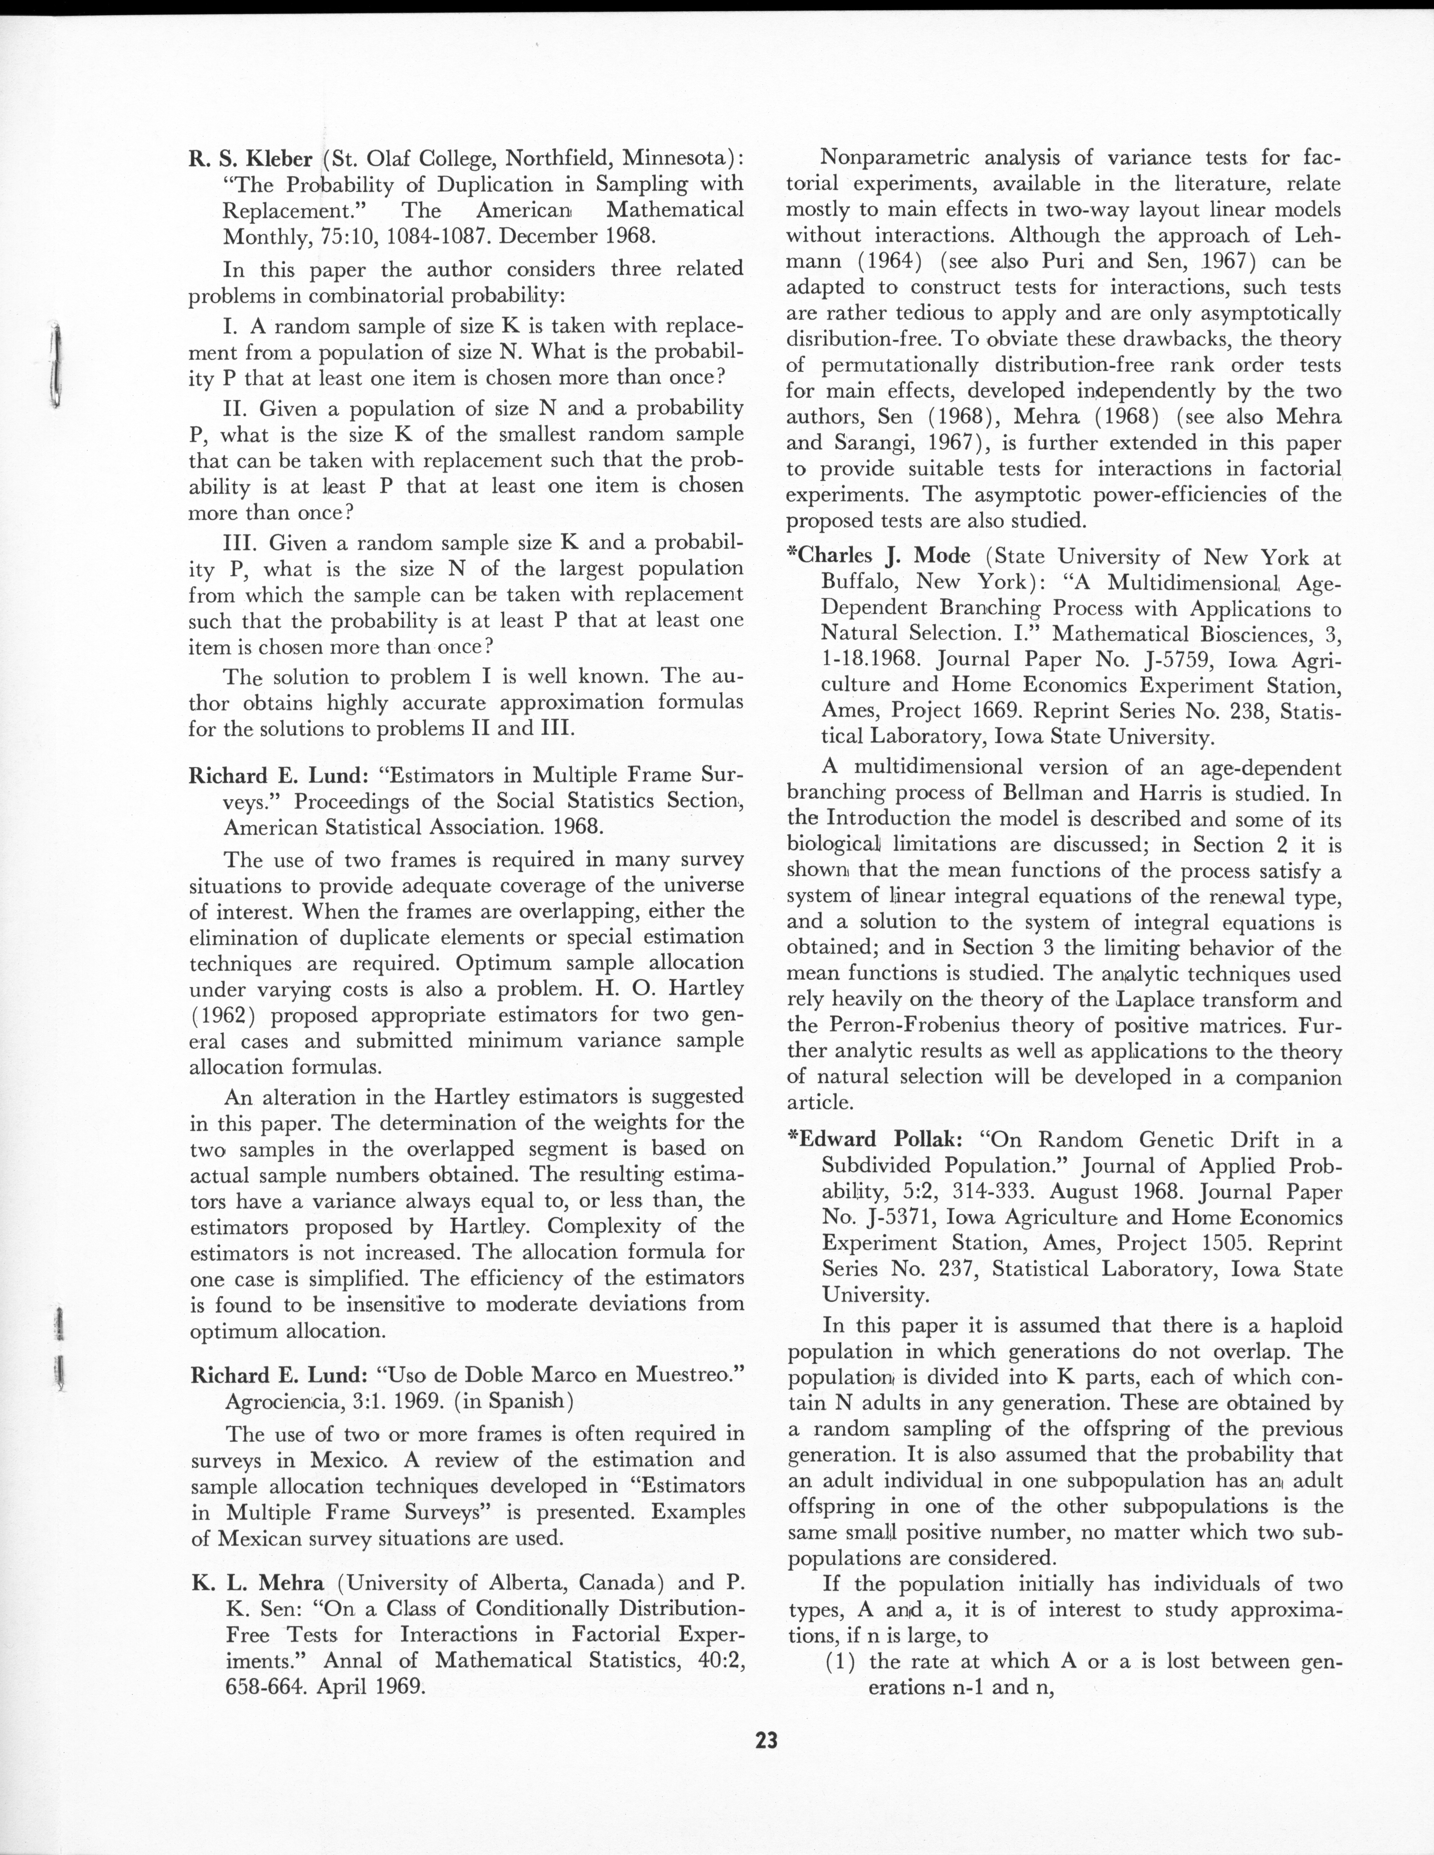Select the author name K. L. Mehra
pyautogui.click(x=257, y=1583)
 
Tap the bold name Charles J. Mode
pyautogui.click(x=885, y=556)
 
